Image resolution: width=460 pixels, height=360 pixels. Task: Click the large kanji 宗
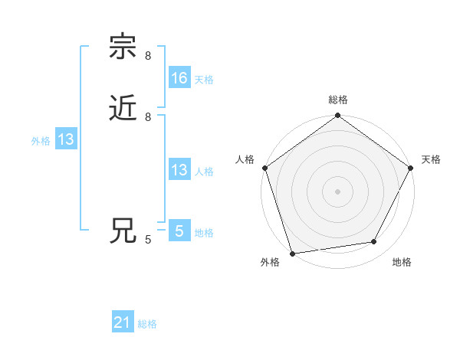[123, 47]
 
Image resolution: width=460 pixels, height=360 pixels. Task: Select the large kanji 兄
[123, 231]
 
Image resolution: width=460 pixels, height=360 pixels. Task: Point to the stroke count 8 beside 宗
[148, 56]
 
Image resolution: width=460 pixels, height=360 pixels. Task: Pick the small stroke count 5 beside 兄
[148, 240]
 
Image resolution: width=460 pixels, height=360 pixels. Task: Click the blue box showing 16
[179, 78]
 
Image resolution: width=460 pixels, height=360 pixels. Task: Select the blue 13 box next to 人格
[179, 170]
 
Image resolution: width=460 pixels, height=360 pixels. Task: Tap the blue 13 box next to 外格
[66, 139]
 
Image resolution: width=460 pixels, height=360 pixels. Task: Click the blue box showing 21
[123, 323]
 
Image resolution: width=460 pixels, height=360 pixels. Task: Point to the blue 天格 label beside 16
[204, 79]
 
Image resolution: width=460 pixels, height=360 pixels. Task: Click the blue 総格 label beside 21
[147, 324]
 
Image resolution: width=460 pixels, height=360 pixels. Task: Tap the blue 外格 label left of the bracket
[41, 140]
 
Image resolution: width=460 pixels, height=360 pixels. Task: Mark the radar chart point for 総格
[337, 116]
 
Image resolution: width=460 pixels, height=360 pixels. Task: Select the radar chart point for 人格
[265, 169]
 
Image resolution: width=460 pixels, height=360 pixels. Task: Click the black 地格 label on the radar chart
[402, 263]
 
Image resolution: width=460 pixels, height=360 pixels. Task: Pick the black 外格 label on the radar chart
[270, 263]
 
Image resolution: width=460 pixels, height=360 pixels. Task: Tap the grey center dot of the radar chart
[337, 191]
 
